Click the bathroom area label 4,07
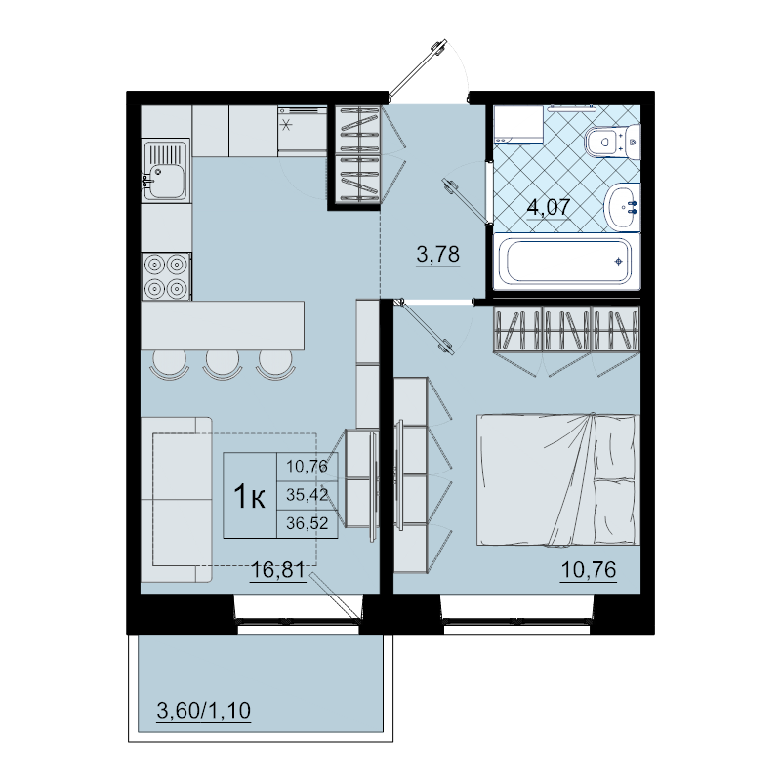point(549,207)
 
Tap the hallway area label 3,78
point(437,254)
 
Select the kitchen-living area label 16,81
point(278,569)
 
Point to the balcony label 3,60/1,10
point(204,711)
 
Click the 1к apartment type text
point(249,497)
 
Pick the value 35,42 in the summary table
point(308,495)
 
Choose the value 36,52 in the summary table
point(308,523)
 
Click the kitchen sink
point(165,170)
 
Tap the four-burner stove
point(166,276)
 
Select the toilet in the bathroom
point(612,142)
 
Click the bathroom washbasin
point(622,207)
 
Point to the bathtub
point(566,262)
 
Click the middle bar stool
point(222,365)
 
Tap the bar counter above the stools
point(223,325)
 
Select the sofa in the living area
point(177,500)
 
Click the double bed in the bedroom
point(558,479)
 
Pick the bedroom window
point(516,623)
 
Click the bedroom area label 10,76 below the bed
point(589,569)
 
